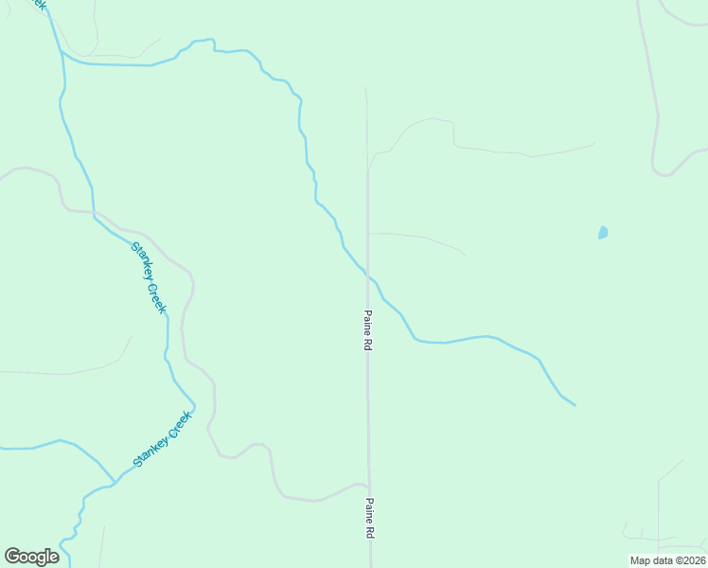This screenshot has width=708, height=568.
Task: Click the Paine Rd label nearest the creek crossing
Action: [367, 330]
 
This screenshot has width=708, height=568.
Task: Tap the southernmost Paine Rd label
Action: [370, 519]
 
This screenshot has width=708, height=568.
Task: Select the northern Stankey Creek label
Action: [150, 278]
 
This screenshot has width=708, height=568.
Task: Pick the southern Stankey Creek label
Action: [163, 439]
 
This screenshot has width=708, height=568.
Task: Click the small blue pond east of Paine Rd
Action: [603, 232]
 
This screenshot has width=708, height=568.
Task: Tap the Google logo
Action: [31, 557]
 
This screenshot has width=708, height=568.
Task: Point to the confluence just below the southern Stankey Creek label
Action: [115, 481]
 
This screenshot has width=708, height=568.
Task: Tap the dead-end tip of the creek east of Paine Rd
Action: [575, 405]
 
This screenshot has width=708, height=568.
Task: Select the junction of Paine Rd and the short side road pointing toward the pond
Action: [368, 233]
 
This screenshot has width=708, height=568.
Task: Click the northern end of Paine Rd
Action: [365, 88]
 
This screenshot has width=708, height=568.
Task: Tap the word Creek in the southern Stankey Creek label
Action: [178, 424]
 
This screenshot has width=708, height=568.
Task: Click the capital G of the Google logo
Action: [12, 557]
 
